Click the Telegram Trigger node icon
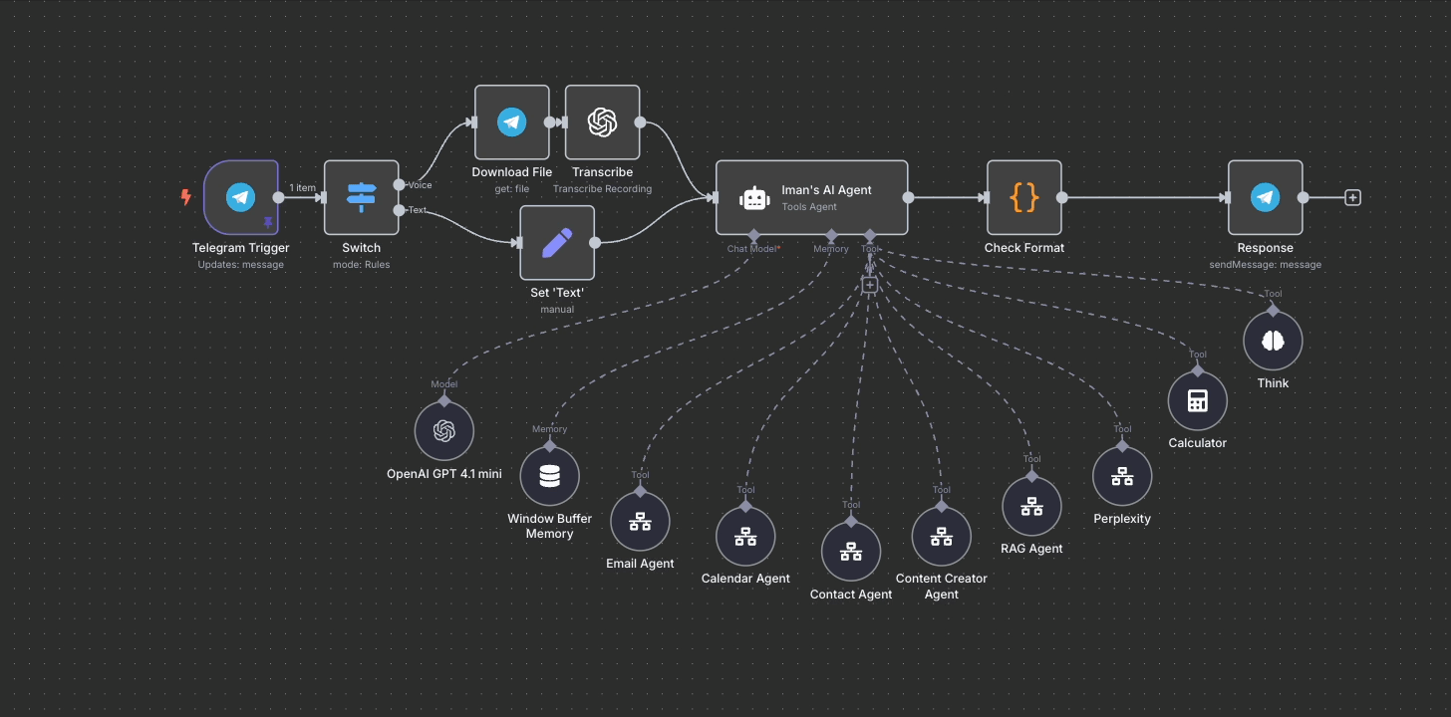[x=240, y=197]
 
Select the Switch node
[x=361, y=197]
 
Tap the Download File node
[x=511, y=122]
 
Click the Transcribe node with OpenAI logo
[x=602, y=122]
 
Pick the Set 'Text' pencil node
[x=557, y=243]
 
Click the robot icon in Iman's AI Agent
[x=754, y=198]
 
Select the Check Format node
[x=1023, y=197]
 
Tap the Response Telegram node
[x=1265, y=197]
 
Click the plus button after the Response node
[x=1352, y=197]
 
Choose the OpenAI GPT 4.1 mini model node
[x=444, y=431]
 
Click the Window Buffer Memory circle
[x=549, y=476]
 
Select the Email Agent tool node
[x=640, y=521]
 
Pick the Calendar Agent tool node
[x=745, y=536]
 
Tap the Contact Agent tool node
[x=851, y=551]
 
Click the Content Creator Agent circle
[x=942, y=536]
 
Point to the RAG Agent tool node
[x=1031, y=506]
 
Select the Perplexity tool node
[x=1122, y=476]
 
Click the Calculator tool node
[x=1197, y=400]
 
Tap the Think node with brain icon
[x=1273, y=341]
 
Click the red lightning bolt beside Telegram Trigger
[x=185, y=197]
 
